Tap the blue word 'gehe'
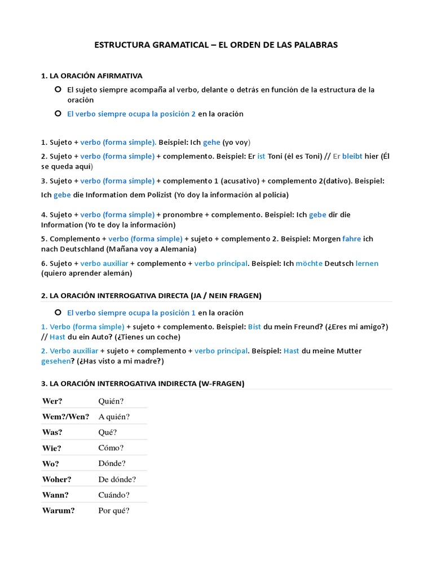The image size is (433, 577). tap(211, 143)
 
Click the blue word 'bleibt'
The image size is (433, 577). tap(352, 156)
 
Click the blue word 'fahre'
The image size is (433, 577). tap(351, 239)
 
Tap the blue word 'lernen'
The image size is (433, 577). tap(367, 263)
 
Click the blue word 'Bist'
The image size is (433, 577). tap(254, 327)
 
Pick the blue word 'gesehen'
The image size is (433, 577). tap(55, 361)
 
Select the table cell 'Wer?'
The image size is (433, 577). tap(52, 401)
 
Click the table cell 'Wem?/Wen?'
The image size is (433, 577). tap(65, 416)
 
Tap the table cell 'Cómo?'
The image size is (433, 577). tap(111, 448)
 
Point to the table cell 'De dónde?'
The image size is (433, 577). tap(117, 480)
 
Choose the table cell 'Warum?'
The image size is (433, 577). tap(59, 511)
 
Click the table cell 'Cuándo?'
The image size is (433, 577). tap(114, 495)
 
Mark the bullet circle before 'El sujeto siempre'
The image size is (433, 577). tap(58, 90)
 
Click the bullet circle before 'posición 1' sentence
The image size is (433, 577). tap(58, 312)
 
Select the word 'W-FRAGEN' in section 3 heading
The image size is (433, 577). tap(222, 384)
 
